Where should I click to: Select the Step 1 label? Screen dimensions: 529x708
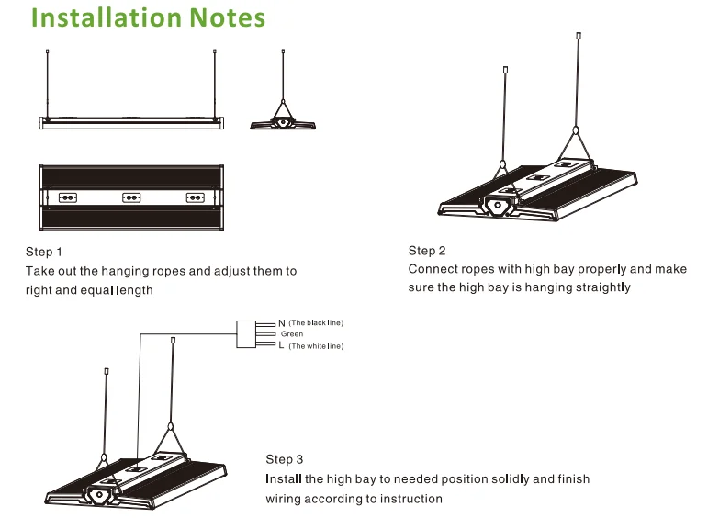point(44,252)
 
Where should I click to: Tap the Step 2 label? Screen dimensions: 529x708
point(427,251)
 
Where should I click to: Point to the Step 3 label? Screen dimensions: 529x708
point(285,459)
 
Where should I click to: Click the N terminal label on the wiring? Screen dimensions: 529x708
point(281,323)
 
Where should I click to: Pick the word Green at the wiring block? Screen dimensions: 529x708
point(292,334)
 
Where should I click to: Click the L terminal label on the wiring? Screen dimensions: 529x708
point(281,345)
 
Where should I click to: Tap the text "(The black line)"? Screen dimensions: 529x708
point(316,323)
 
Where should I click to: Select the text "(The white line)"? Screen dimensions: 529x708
point(316,345)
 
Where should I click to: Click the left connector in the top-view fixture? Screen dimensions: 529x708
point(67,197)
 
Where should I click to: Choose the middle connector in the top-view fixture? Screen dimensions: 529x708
point(130,197)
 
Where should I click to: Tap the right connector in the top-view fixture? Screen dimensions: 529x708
point(194,197)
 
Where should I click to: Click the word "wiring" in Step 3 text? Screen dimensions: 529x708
point(284,499)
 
